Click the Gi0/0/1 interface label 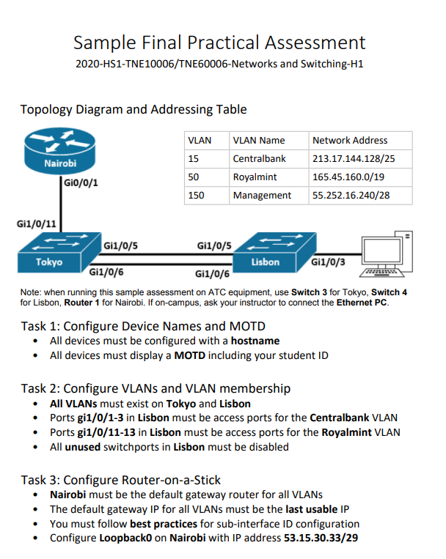point(81,181)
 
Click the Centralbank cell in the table point(257,158)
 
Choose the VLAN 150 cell point(197,196)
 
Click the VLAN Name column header point(258,140)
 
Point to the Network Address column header point(350,140)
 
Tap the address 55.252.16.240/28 point(351,196)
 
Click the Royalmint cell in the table point(254,177)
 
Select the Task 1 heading point(142,326)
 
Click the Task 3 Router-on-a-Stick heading point(120,480)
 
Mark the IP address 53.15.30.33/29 point(321,538)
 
